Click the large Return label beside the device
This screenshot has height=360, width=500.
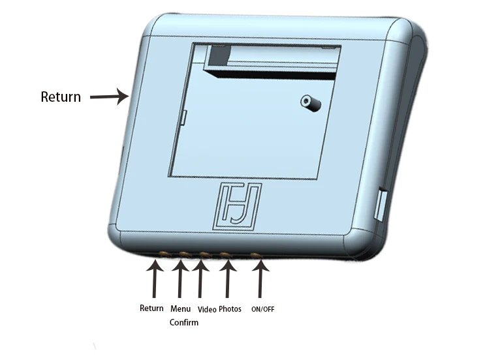click(x=61, y=97)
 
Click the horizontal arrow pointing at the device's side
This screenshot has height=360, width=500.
click(x=108, y=98)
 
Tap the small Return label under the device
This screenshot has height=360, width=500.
click(x=151, y=308)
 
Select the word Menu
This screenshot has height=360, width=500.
click(x=180, y=308)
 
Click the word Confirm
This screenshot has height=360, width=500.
click(x=183, y=322)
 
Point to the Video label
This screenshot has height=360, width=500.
click(x=207, y=309)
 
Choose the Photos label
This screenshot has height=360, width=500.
click(x=230, y=308)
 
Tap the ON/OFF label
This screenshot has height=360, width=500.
click(x=262, y=309)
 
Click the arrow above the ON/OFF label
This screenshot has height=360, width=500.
click(x=260, y=280)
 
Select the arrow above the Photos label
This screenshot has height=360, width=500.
click(x=227, y=280)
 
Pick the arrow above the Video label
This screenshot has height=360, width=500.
click(x=200, y=280)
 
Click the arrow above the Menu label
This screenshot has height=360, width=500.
click(x=180, y=280)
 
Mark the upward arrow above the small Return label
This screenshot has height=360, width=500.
click(x=155, y=280)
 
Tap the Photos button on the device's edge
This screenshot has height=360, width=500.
click(x=226, y=255)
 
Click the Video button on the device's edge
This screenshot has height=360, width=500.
click(x=204, y=254)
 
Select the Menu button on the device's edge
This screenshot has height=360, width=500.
click(x=184, y=253)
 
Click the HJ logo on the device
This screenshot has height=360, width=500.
click(x=238, y=205)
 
